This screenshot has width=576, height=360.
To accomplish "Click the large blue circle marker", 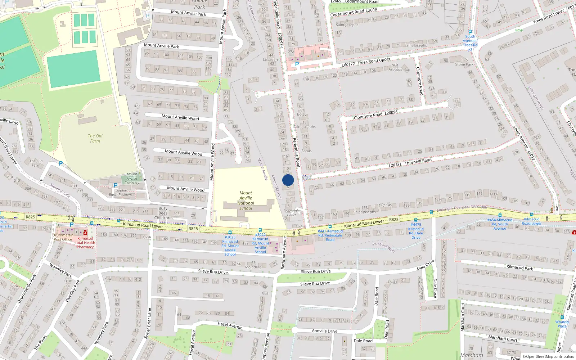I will pyautogui.click(x=288, y=180).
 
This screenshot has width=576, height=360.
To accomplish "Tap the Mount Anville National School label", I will pyautogui.click(x=246, y=201).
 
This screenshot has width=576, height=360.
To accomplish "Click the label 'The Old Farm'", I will pyautogui.click(x=95, y=138).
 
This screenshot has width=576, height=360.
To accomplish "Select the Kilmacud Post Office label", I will pyautogui.click(x=63, y=237).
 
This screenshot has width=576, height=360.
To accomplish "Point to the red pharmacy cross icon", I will pyautogui.click(x=85, y=233).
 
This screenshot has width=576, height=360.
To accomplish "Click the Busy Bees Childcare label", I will pyautogui.click(x=163, y=213).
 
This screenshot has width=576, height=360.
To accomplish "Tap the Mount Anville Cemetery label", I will pyautogui.click(x=132, y=178).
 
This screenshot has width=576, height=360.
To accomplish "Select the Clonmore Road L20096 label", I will pyautogui.click(x=375, y=115).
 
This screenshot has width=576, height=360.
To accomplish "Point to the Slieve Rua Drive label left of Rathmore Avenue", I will pyautogui.click(x=213, y=271).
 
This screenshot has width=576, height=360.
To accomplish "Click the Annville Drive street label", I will pyautogui.click(x=324, y=331).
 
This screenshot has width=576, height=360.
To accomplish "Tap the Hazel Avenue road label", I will pyautogui.click(x=230, y=325).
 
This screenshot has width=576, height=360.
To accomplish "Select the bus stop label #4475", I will pyautogui.click(x=416, y=231).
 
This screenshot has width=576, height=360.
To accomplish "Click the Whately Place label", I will pyautogui.click(x=562, y=324).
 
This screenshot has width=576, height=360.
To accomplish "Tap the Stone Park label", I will pyautogui.click(x=464, y=64).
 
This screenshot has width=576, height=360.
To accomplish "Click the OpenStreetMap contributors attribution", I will pyautogui.click(x=548, y=356).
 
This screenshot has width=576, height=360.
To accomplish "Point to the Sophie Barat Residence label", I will pyautogui.click(x=122, y=192).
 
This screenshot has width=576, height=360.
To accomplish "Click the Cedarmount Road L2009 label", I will pyautogui.click(x=354, y=12).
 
